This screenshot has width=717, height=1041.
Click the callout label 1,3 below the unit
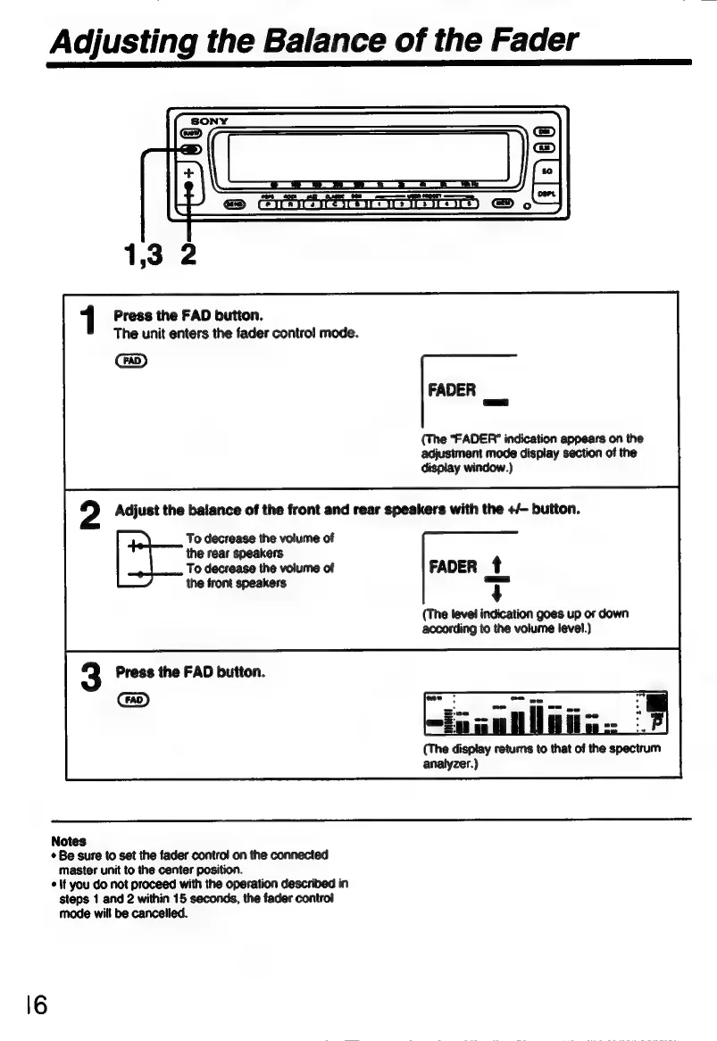pos(140,255)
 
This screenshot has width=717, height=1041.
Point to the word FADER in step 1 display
pos(452,390)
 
